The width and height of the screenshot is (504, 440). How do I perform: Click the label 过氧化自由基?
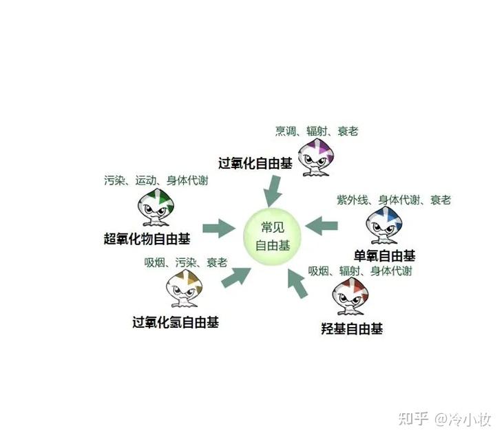coord(255,164)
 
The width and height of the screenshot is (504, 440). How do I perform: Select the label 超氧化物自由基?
coord(147,239)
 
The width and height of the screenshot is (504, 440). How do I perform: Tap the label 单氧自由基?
coord(385,255)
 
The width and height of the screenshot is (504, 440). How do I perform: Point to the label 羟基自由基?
coord(352,328)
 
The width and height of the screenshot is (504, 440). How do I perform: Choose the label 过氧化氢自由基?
coord(176,322)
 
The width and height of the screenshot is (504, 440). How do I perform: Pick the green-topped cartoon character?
coord(156,209)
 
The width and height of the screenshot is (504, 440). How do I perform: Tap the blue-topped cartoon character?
coord(385,224)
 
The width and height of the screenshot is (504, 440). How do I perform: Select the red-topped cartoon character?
coord(352,297)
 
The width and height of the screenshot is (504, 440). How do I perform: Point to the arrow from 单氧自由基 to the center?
coord(322,225)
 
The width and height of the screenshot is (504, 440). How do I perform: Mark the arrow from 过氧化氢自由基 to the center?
coord(235,275)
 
